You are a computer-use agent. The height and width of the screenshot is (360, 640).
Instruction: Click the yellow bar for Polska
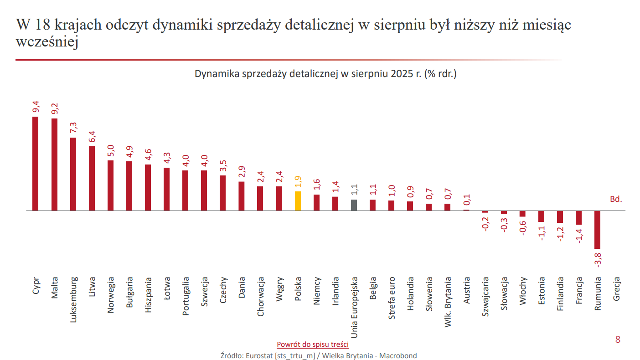(298, 201)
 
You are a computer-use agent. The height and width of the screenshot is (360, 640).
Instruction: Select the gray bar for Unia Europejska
(354, 205)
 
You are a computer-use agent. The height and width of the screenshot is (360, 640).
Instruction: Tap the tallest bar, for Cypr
(36, 164)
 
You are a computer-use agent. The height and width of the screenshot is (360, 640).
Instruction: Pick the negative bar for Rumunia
(598, 229)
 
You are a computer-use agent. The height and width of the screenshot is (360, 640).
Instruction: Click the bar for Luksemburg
(73, 174)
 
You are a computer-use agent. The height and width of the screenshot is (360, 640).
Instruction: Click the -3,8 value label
(599, 261)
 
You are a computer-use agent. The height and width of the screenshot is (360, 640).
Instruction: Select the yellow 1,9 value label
(298, 181)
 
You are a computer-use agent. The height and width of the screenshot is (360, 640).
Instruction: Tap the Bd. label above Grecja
(616, 199)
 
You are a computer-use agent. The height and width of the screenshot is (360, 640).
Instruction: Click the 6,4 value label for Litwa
(92, 136)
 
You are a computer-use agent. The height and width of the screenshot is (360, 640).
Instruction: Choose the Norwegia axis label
(110, 295)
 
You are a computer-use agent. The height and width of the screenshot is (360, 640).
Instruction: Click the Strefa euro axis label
(392, 298)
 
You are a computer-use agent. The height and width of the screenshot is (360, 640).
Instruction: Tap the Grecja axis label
(616, 289)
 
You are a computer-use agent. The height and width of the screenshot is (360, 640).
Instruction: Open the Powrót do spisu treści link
(313, 344)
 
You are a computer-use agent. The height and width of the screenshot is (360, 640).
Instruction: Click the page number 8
(618, 339)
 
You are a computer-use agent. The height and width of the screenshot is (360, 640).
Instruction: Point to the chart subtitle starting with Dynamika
(325, 74)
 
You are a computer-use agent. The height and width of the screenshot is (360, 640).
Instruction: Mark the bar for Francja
(579, 217)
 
